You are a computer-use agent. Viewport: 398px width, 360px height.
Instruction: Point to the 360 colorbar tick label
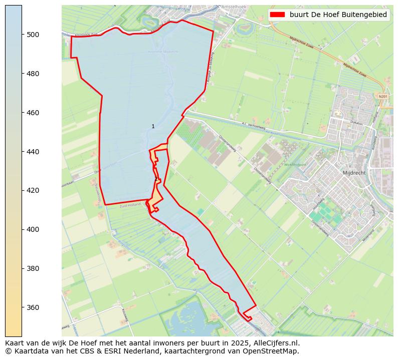33,307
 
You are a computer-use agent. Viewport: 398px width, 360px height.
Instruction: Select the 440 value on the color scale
33,151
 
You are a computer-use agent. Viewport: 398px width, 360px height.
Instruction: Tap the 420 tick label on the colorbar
33,190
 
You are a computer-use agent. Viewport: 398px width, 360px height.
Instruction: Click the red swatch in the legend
277,15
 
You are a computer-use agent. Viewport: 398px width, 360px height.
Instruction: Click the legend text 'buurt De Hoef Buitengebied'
338,15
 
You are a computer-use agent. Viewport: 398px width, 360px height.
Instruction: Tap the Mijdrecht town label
354,173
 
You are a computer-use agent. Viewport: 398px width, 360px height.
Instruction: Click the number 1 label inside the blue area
153,127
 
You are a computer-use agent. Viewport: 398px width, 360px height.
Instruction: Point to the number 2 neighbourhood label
156,179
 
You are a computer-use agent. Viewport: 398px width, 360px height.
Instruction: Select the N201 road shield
383,97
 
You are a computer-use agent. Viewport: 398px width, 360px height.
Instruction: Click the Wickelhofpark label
295,164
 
